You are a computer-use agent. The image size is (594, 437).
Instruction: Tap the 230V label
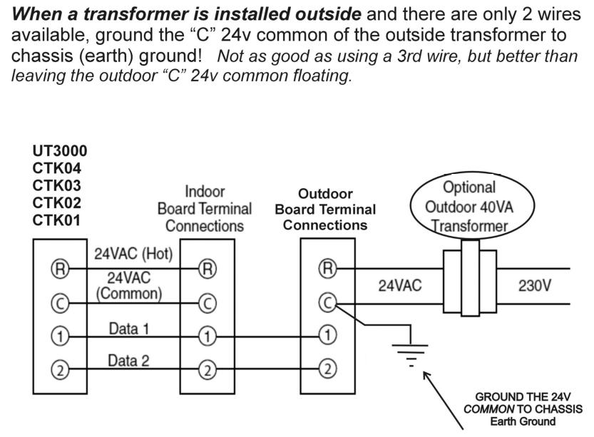tap(533, 286)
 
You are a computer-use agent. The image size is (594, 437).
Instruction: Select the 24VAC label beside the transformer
tap(399, 286)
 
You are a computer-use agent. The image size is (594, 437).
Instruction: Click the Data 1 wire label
tap(129, 329)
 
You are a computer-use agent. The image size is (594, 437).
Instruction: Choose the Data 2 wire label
tap(129, 361)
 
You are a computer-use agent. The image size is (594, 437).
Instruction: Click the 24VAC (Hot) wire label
tap(134, 254)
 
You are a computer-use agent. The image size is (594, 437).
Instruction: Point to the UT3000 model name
tap(60, 151)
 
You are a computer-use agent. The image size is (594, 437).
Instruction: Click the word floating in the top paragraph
tap(324, 77)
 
